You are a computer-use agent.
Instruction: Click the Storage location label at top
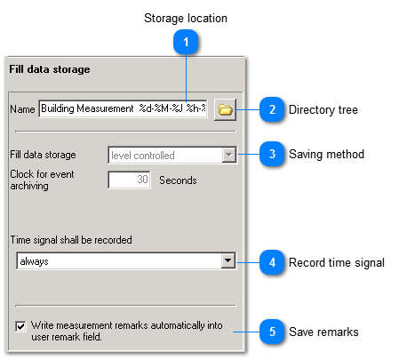(x=186, y=18)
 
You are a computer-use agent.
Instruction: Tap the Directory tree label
(x=323, y=110)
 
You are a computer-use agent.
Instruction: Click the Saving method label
(x=326, y=155)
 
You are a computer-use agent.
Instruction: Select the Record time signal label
(x=336, y=262)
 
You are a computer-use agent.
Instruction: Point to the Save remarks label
(x=323, y=332)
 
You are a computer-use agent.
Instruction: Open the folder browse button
(x=225, y=110)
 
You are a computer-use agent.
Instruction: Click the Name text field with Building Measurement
(x=123, y=110)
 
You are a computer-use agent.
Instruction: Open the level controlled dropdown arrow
(x=228, y=156)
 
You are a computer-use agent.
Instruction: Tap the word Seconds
(x=178, y=180)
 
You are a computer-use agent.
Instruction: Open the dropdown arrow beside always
(x=228, y=261)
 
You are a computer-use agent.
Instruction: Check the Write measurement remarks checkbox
(x=20, y=326)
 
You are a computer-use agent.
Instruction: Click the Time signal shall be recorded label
(x=71, y=240)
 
